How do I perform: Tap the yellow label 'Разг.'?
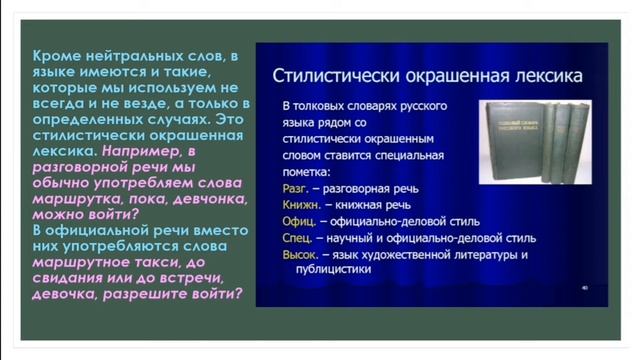pyautogui.click(x=297, y=187)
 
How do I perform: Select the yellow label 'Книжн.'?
pyautogui.click(x=301, y=204)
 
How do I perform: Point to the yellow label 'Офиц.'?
pyautogui.click(x=300, y=221)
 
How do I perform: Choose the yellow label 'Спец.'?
pyautogui.click(x=299, y=238)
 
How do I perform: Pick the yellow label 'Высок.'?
pyautogui.click(x=303, y=255)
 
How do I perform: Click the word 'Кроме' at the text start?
pyautogui.click(x=54, y=59)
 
